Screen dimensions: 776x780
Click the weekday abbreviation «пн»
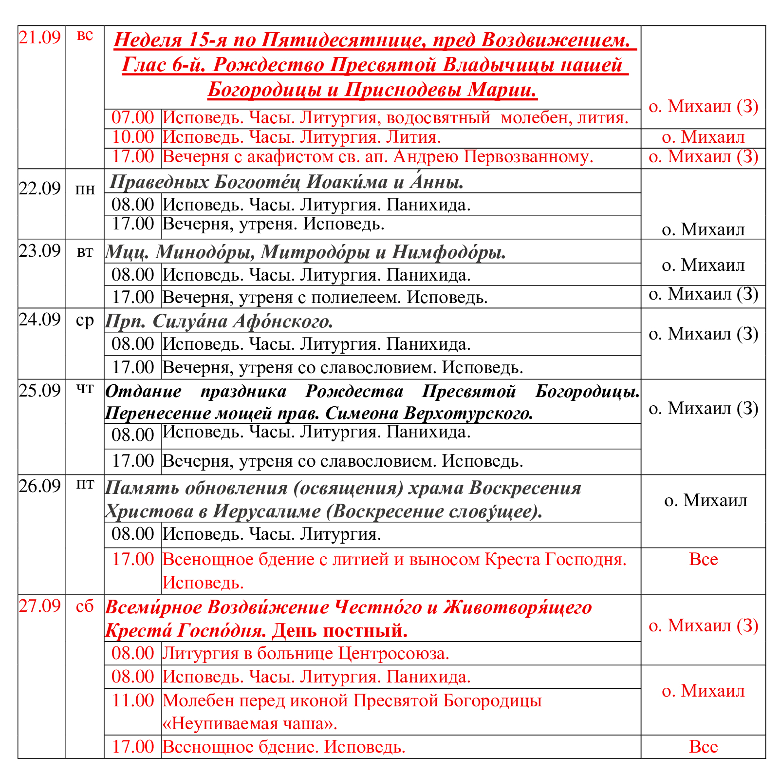pyautogui.click(x=85, y=189)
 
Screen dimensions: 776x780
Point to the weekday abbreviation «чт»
pyautogui.click(x=85, y=389)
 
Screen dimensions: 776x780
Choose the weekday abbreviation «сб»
pyautogui.click(x=85, y=606)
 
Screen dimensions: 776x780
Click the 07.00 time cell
pyautogui.click(x=133, y=117)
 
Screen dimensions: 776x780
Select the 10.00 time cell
pyautogui.click(x=133, y=137)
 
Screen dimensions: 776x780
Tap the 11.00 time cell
pyautogui.click(x=133, y=700)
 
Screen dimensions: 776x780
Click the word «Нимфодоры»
pyautogui.click(x=448, y=252)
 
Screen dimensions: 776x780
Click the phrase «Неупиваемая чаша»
pyautogui.click(x=250, y=723)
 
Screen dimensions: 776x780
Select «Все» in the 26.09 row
pyautogui.click(x=703, y=559)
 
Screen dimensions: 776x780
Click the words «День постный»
pyautogui.click(x=339, y=631)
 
